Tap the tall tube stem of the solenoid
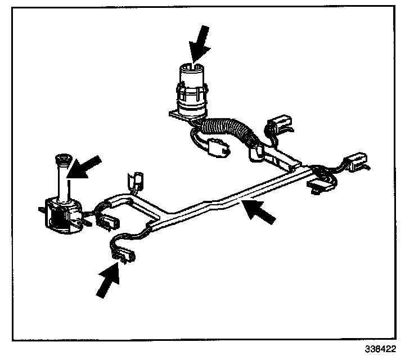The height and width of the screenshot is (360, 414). click(62, 180)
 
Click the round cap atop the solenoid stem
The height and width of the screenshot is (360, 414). click(62, 160)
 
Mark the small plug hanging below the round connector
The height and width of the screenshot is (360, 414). click(217, 147)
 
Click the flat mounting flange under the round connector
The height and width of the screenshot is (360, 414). click(179, 114)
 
